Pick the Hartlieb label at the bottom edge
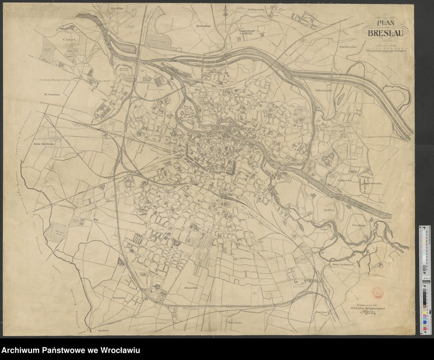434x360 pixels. (x=105, y=329)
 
